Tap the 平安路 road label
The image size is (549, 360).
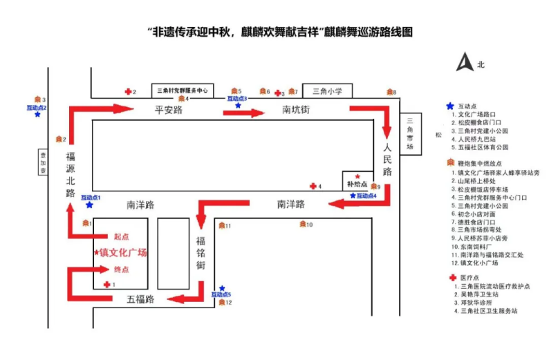tap(168, 110)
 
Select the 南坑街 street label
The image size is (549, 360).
tap(295, 110)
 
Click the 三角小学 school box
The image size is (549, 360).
tap(327, 90)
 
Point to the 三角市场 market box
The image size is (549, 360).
tap(410, 134)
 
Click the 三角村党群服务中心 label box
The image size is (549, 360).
tap(183, 90)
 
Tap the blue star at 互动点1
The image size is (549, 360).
tap(89, 205)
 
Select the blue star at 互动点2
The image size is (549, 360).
tap(37, 114)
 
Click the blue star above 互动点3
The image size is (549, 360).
tap(238, 106)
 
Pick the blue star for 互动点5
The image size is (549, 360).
tap(222, 288)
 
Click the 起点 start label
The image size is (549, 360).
tap(121, 236)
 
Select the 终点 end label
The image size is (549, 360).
tap(121, 269)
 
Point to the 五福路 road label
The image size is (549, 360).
tap(140, 299)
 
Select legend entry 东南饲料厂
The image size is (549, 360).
tap(475, 246)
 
